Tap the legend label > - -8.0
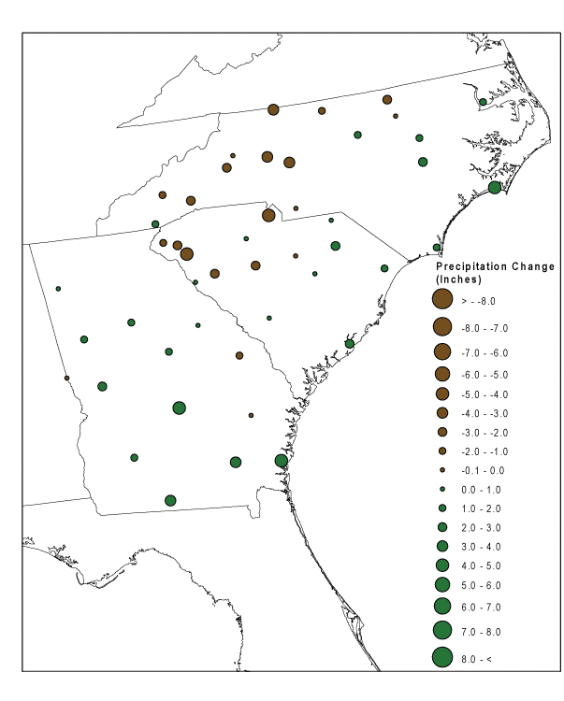[x=478, y=301]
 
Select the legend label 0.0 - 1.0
[x=478, y=489]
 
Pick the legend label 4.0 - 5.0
[x=478, y=565]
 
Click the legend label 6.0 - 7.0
[x=478, y=607]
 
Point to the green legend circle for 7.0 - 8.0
[x=442, y=629]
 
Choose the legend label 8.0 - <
[x=476, y=660]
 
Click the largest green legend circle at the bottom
[x=442, y=658]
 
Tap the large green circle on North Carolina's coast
[x=495, y=187]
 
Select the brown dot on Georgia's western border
[x=66, y=379]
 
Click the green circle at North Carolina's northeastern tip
[x=483, y=102]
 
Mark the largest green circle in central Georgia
[x=179, y=408]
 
